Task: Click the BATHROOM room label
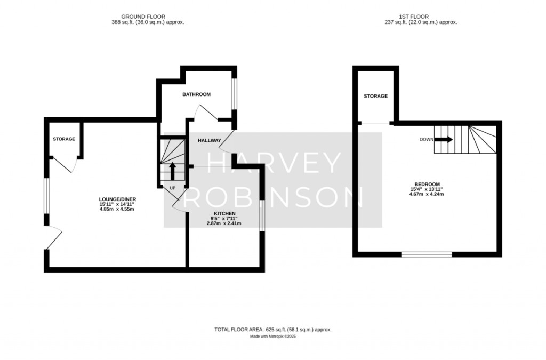coord(196,94)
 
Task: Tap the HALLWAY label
coord(209,141)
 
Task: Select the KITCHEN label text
coord(224,213)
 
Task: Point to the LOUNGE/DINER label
coord(117,199)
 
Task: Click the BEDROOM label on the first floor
coord(427,184)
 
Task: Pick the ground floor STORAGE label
coord(64,139)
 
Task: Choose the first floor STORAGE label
coord(376,96)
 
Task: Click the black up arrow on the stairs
coord(172,171)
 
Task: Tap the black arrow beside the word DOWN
coord(444,140)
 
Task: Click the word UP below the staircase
coord(172,188)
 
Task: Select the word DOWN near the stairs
coord(427,140)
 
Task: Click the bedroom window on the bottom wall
coord(427,254)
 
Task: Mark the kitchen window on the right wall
coord(262,215)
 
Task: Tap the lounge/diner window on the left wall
coord(46,196)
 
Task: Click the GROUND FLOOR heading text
coord(143,17)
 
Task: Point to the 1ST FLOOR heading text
coord(414,17)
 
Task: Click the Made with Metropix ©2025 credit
coord(273,337)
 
